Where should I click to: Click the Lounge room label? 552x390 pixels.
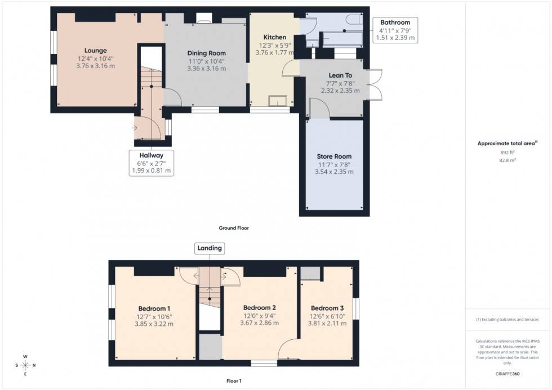[95, 51]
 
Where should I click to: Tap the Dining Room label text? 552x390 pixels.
[206, 53]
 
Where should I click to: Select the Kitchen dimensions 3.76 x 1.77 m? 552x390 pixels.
[275, 53]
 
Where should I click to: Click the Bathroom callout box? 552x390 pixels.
[395, 30]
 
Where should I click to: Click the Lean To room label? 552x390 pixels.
[340, 75]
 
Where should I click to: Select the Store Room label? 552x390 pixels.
[334, 156]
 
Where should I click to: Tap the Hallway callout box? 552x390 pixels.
[151, 163]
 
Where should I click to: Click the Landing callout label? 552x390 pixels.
[209, 248]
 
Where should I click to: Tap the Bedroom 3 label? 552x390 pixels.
[327, 308]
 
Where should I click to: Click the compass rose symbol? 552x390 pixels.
[25, 365]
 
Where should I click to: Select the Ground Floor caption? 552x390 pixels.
[234, 228]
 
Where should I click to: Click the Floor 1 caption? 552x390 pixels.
[233, 381]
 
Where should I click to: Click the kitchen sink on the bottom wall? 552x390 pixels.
[278, 101]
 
